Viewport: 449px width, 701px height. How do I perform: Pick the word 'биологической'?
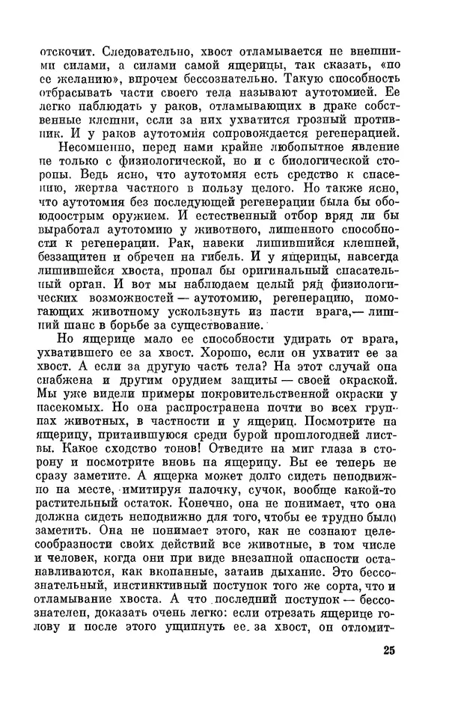323,167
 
